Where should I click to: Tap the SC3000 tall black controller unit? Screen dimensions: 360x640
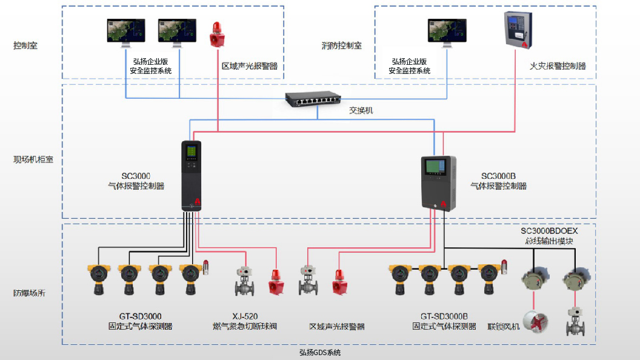(192, 176)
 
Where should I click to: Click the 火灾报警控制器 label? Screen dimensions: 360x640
(558, 66)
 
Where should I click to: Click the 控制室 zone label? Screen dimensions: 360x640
(25, 45)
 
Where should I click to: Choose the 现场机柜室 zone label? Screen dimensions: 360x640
(33, 160)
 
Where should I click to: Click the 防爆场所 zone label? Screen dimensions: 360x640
(29, 293)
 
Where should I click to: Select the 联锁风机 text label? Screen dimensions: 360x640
(504, 327)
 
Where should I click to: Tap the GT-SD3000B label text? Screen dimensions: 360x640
(444, 316)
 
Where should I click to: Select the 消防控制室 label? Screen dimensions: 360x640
(341, 45)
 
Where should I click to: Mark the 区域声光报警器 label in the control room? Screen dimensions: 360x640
(249, 66)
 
